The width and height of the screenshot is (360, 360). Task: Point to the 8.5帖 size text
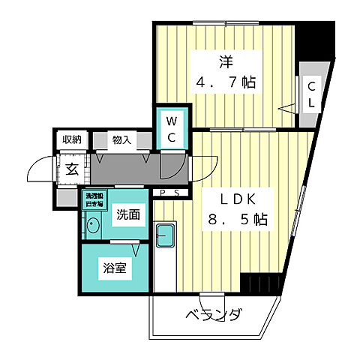click(237, 221)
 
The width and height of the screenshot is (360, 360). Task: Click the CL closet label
click(309, 94)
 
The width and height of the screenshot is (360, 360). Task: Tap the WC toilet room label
click(170, 129)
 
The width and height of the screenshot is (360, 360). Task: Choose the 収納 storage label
click(71, 139)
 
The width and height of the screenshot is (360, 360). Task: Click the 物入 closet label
click(121, 139)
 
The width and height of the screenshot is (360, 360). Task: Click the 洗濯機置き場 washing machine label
click(94, 200)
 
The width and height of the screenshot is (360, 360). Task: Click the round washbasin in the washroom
click(94, 225)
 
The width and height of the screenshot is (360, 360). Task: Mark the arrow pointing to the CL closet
click(289, 107)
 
